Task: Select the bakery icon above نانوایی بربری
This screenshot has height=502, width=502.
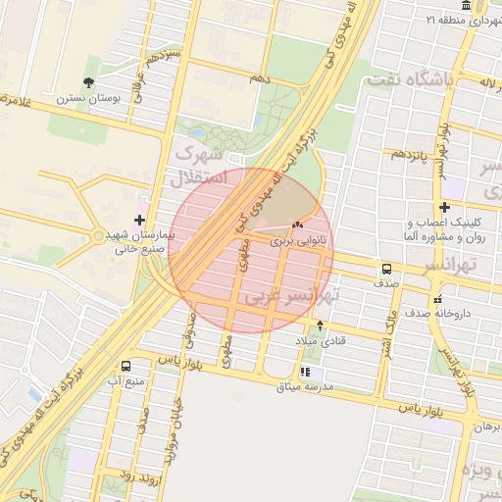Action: pyautogui.click(x=297, y=226)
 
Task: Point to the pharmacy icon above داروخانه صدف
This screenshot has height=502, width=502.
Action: pyautogui.click(x=437, y=299)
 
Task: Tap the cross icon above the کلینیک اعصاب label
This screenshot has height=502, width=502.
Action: pyautogui.click(x=445, y=207)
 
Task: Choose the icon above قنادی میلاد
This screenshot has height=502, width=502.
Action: pyautogui.click(x=320, y=326)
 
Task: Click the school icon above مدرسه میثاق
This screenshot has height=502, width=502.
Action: pyautogui.click(x=305, y=373)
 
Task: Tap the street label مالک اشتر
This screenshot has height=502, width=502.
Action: pyautogui.click(x=386, y=329)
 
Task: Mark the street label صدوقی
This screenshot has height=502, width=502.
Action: pyautogui.click(x=190, y=329)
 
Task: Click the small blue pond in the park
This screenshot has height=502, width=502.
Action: pyautogui.click(x=197, y=133)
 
